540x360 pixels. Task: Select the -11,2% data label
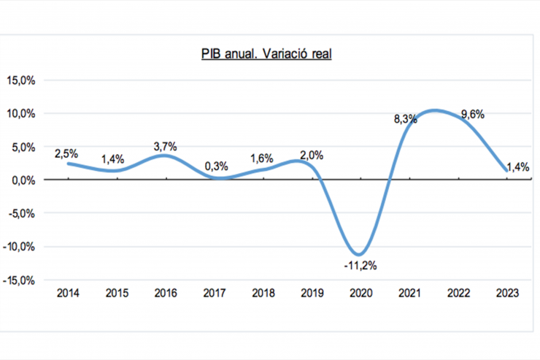pos(360,266)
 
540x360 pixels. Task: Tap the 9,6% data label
pos(473,114)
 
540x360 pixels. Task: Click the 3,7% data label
pos(166,147)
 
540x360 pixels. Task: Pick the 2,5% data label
pos(66,153)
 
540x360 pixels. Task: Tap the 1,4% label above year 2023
pos(517,167)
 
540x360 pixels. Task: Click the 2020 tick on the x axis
pos(360,294)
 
